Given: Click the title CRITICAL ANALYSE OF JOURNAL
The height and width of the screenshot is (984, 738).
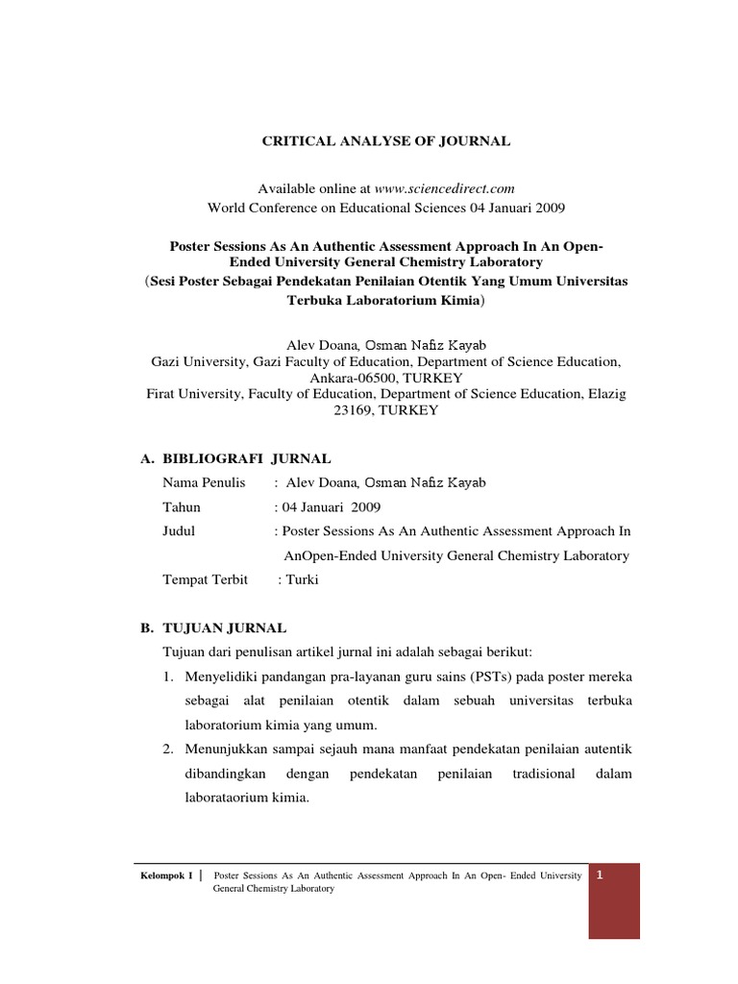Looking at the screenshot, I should (387, 141).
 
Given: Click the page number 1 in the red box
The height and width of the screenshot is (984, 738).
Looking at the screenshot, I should (600, 874).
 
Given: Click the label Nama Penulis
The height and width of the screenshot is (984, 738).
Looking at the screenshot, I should (205, 482).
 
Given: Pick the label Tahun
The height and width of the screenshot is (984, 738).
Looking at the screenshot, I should (182, 506).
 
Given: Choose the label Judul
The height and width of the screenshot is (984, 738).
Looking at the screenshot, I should (179, 530).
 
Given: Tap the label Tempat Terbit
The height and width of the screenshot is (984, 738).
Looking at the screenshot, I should (206, 579).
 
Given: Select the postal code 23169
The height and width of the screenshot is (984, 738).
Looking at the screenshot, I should (357, 409).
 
